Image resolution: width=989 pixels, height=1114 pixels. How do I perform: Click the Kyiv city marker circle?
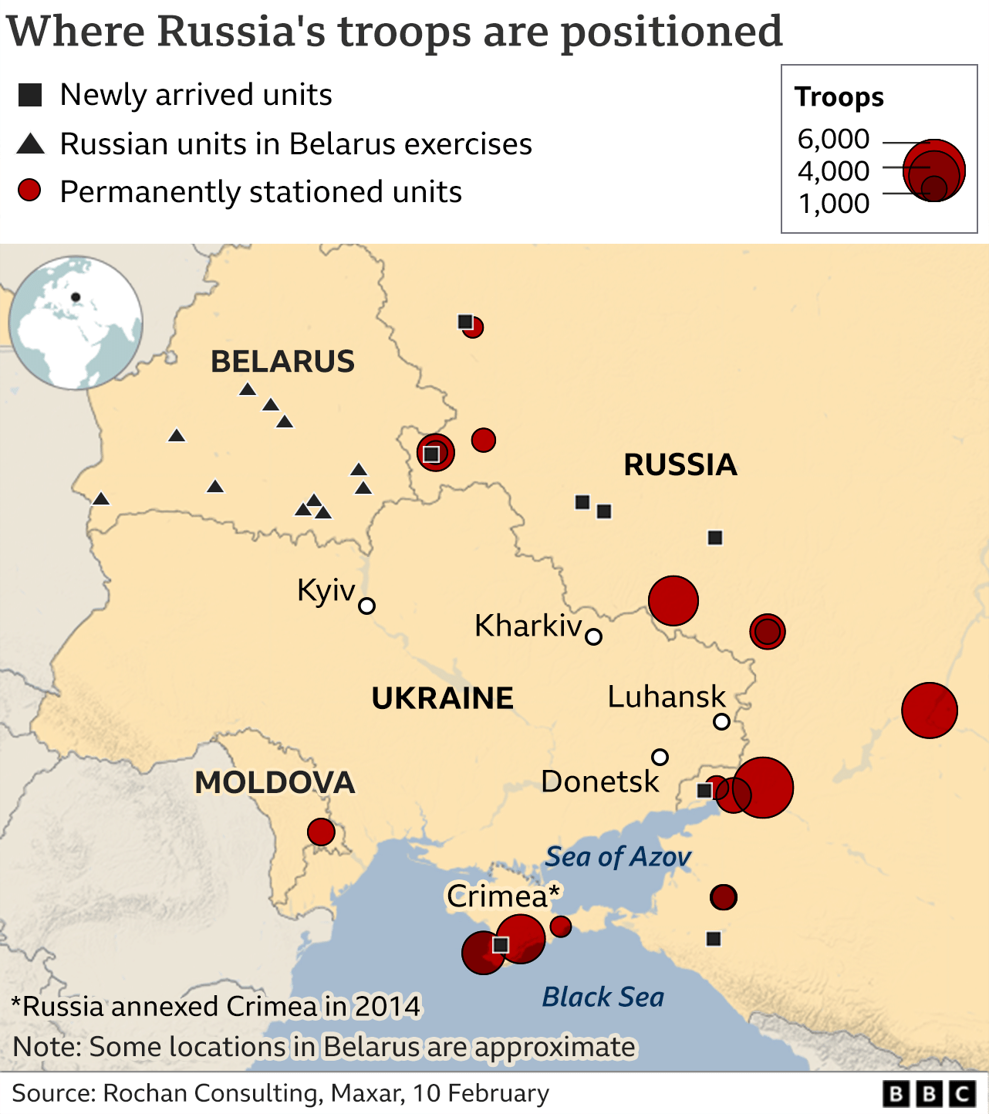pos(367,606)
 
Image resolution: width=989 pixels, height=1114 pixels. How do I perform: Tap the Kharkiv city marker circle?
pos(593,636)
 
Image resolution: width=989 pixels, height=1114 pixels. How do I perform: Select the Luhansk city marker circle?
pos(721,721)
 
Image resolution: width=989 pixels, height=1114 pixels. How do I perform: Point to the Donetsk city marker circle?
pos(660,757)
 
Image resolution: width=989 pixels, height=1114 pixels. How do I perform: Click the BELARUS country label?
pos(282,361)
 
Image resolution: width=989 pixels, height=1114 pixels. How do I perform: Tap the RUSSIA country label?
pos(680,464)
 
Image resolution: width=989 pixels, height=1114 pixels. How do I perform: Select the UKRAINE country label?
pos(442,698)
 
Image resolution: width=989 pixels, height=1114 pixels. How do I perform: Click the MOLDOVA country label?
pos(275,782)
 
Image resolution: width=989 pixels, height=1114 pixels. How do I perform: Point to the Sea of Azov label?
pos(618,856)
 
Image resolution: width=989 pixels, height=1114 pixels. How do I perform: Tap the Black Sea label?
pos(603,997)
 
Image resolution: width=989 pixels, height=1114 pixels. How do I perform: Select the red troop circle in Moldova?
pos(321,832)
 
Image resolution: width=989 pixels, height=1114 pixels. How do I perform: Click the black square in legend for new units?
pos(30,95)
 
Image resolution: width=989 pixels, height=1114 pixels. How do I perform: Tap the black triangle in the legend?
pos(30,143)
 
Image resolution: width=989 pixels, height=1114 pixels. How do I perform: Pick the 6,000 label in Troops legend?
pos(833,139)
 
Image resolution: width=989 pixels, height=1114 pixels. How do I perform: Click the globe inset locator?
pos(76,322)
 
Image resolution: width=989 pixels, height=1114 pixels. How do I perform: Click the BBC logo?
pos(930,1094)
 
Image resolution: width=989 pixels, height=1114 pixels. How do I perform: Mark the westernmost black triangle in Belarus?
pos(101,499)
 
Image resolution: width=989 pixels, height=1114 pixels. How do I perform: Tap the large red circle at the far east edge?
pos(930,710)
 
